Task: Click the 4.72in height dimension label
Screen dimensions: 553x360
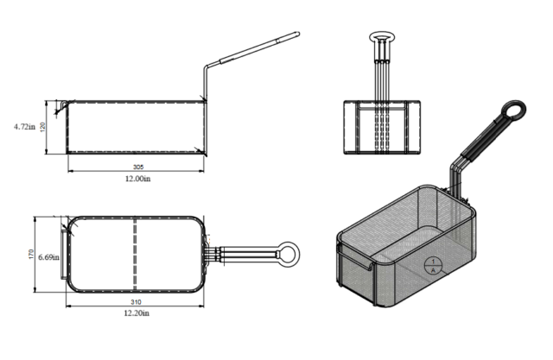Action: (25, 126)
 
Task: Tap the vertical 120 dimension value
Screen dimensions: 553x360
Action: (43, 127)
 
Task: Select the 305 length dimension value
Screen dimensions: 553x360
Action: (138, 167)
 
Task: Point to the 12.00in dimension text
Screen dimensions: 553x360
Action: (138, 179)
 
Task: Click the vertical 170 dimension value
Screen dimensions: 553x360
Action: (31, 255)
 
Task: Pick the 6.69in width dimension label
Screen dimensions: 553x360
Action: (49, 257)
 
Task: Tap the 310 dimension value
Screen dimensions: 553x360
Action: (136, 302)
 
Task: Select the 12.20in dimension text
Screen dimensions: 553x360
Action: (137, 313)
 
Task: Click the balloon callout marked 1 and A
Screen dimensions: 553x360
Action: (433, 266)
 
